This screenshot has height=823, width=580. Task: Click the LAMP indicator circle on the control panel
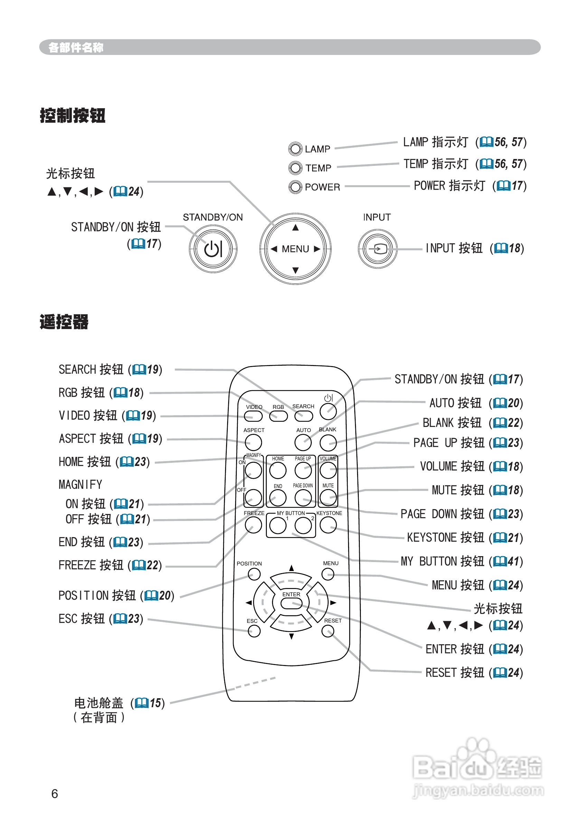(295, 149)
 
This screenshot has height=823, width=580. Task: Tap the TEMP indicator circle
(295, 167)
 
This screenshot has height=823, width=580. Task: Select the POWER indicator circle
(295, 186)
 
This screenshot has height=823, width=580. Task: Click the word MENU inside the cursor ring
(295, 249)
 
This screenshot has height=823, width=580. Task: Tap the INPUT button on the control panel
(377, 249)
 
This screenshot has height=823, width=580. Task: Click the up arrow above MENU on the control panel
(295, 228)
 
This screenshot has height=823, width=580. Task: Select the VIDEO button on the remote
(253, 416)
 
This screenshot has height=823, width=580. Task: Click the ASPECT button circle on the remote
(253, 443)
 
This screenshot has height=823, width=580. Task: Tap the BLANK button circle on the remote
(328, 443)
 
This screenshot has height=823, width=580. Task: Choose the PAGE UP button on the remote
(303, 470)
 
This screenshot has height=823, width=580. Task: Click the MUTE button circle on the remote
(328, 497)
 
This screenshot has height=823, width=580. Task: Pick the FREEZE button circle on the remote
(253, 525)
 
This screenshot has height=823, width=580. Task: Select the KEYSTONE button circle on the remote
(328, 525)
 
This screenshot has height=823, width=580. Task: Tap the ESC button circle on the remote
(254, 631)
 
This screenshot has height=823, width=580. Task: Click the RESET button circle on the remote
(328, 631)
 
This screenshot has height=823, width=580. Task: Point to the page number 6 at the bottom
(55, 794)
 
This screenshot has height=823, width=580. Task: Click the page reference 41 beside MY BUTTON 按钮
(513, 561)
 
